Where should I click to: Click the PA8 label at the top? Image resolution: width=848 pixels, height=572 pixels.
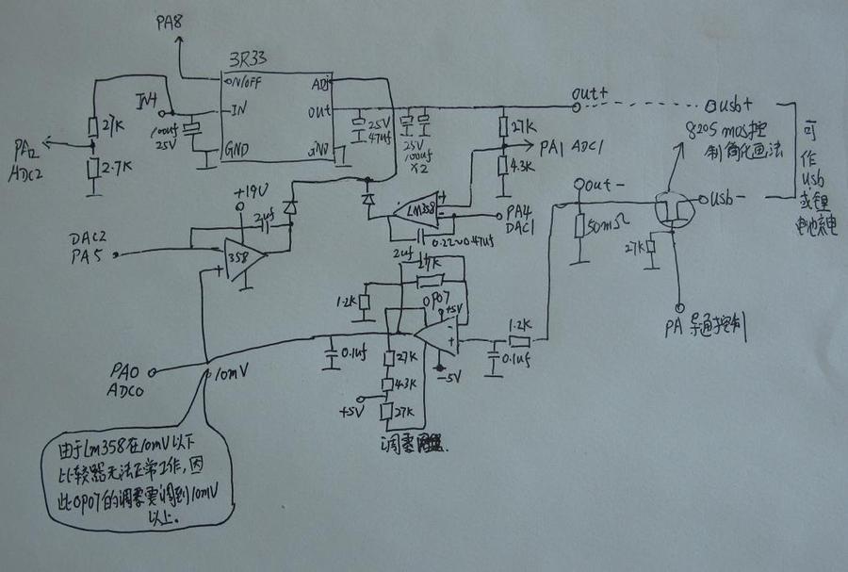click(x=170, y=21)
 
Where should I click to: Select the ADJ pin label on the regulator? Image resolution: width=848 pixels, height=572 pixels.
click(x=319, y=82)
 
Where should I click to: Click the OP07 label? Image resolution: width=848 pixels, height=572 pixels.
click(x=434, y=299)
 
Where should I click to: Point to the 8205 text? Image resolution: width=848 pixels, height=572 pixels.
click(x=706, y=129)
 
